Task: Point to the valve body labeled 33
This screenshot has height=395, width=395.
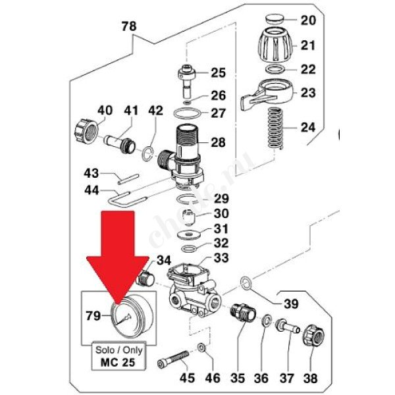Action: pos(195,290)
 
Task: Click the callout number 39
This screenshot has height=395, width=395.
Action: pos(290,303)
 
